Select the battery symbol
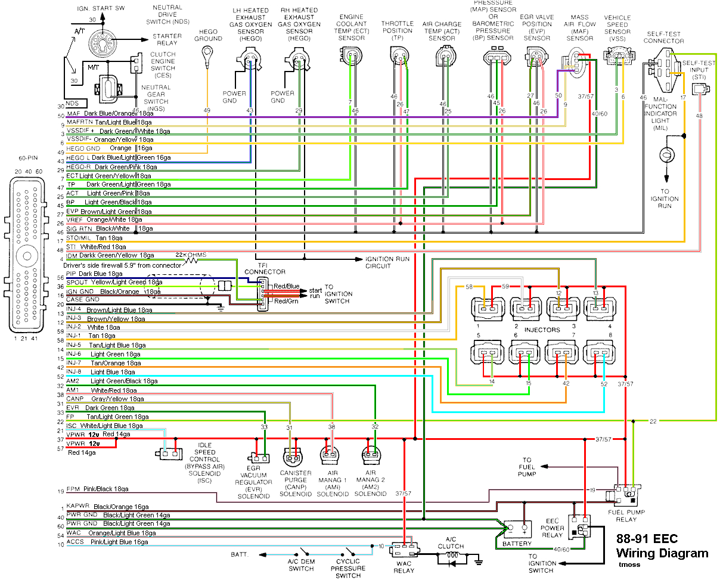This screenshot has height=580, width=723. tap(516, 528)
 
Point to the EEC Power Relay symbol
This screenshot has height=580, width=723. tap(580, 525)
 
